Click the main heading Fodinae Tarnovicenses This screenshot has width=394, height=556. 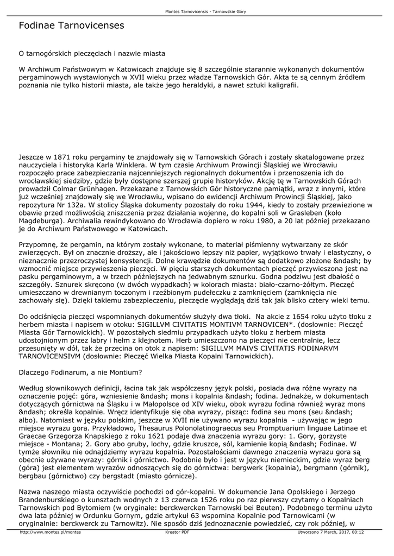coord(71,26)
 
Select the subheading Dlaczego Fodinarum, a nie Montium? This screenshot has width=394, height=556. coord(80,372)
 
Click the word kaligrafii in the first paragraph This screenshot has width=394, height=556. coord(279,86)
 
